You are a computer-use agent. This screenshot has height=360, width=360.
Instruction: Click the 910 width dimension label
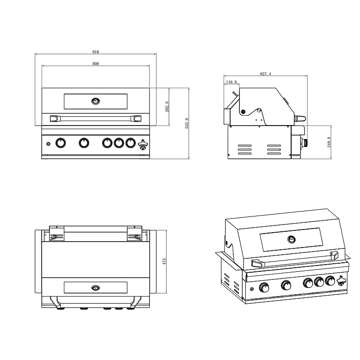point(95,52)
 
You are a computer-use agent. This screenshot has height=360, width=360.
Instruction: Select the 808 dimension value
point(95,63)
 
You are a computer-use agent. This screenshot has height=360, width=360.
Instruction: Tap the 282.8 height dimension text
point(167,107)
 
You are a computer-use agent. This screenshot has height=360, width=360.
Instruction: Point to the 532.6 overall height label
point(187,123)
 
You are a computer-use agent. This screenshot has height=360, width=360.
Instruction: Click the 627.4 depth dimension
point(265,74)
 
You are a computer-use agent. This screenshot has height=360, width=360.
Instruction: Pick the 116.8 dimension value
point(231,82)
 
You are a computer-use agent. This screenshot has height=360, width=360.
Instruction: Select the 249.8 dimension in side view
point(329,142)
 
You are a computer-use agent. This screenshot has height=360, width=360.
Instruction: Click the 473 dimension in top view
point(164,262)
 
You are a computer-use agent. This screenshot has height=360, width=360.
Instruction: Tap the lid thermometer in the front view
point(95,101)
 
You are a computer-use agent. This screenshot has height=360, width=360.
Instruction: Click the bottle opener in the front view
point(143,144)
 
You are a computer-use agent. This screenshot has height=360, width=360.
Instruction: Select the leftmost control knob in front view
point(61,143)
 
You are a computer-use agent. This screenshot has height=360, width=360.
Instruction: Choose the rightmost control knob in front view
point(130,143)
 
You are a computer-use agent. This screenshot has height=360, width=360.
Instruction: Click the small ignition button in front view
point(48,144)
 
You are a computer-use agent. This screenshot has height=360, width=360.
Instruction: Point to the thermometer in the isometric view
point(291,239)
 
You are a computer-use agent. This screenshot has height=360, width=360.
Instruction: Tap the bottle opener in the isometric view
point(341,281)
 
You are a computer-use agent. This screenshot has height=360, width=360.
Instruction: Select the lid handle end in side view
point(300,119)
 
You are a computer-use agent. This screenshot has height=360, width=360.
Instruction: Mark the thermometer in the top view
point(95,288)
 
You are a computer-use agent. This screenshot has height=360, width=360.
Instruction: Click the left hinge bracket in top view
point(57,234)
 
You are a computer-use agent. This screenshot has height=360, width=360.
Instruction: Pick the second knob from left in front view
point(84,143)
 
